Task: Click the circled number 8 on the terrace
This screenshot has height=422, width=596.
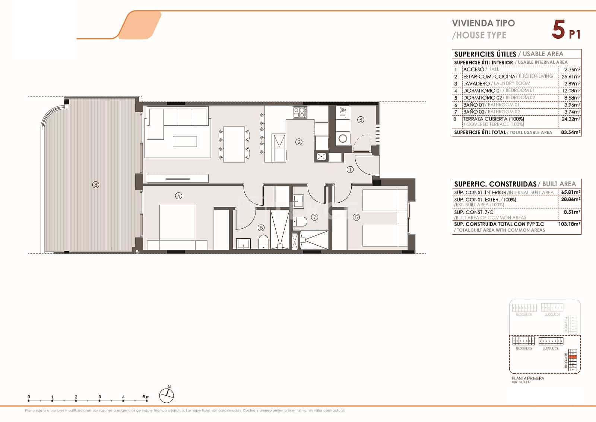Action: pos(96,184)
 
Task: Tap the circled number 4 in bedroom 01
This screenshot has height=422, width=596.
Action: pos(179,196)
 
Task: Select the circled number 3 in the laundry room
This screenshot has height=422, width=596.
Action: pos(360,120)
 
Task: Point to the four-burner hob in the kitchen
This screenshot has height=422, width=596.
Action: pos(300,112)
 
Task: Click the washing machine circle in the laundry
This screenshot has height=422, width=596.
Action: pos(343,139)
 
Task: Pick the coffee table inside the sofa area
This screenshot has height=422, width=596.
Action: pos(185,141)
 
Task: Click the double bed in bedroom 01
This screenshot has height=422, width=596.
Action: pos(177,227)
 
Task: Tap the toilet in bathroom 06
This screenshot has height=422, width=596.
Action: pos(263,242)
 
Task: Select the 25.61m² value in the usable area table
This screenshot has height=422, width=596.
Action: pos(571,77)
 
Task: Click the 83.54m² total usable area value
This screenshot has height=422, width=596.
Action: pos(571,132)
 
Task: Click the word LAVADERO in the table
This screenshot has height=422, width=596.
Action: pos(476,84)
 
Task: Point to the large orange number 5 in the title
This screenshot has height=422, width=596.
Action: pos(558,30)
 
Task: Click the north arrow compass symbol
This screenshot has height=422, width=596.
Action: pos(167,395)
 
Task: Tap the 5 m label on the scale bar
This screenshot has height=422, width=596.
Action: pos(146,397)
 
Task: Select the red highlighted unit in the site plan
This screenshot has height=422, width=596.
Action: pos(574,357)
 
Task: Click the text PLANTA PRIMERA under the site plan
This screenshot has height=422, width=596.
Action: pos(527,378)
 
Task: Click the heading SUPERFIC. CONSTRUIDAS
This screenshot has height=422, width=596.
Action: pos(495,184)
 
